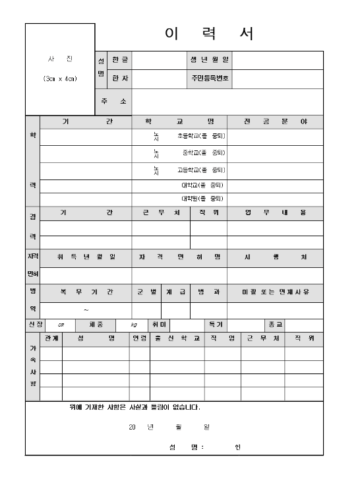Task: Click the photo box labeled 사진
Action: point(60,69)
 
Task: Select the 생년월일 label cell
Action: point(209,60)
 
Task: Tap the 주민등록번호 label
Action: point(209,79)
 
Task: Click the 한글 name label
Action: point(121,60)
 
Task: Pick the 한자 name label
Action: point(121,79)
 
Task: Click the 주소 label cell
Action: point(114,102)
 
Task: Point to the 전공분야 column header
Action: point(275,123)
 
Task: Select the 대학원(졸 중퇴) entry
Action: point(202,199)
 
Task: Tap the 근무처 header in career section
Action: point(161,213)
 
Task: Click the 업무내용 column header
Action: point(275,213)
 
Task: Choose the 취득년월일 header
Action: point(86,257)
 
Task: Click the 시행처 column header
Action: point(275,257)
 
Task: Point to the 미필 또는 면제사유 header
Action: point(275,292)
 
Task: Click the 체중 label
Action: point(86,325)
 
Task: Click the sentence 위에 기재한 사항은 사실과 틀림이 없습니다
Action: point(135,407)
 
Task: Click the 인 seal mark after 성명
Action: point(237,447)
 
